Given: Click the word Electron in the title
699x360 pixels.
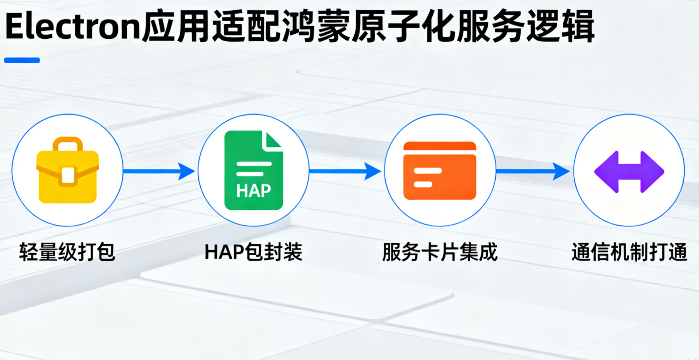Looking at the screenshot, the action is [71, 27].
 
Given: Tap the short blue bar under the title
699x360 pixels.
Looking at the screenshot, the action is [22, 60].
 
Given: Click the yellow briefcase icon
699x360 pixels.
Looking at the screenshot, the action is [68, 170].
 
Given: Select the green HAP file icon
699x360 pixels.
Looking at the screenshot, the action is [253, 170].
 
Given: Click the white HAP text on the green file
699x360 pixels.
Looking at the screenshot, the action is [253, 191].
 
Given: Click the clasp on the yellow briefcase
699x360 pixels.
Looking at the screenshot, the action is [68, 174].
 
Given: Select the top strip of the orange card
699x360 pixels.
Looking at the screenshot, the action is [440, 146].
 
